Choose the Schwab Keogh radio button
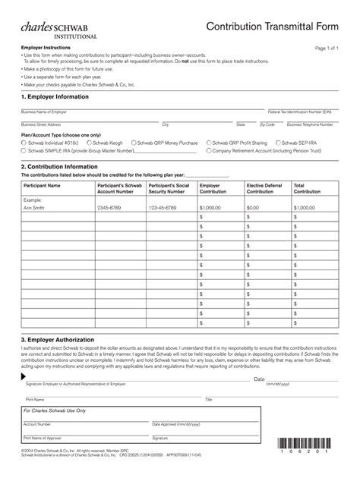(90, 142)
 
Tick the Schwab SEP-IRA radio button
(278, 142)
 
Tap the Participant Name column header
(43, 184)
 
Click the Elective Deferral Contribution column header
(265, 187)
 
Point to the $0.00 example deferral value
(253, 207)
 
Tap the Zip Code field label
(267, 124)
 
